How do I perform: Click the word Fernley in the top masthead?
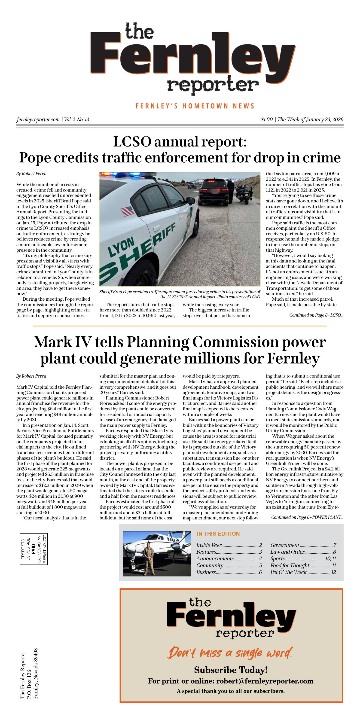click(193, 57)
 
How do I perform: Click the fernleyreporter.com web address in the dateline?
click(38, 120)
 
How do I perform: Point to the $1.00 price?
click(266, 120)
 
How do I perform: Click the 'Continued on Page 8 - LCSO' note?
click(316, 315)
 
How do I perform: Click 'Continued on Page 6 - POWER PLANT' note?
click(307, 517)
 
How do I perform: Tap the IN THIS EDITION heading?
click(218, 534)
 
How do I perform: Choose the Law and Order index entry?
click(287, 552)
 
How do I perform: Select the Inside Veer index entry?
click(209, 545)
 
